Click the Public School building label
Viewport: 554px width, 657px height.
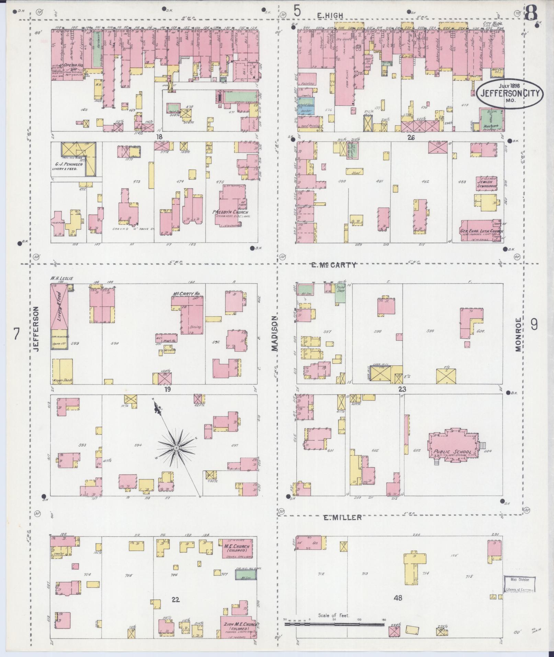452,452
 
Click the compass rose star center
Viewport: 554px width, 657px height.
176,448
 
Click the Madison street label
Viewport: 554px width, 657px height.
274,333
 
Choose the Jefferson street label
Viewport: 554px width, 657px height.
37,329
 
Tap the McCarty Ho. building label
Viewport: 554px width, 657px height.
186,294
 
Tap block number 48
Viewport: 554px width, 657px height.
398,598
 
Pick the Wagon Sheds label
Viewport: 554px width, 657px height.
62,381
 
